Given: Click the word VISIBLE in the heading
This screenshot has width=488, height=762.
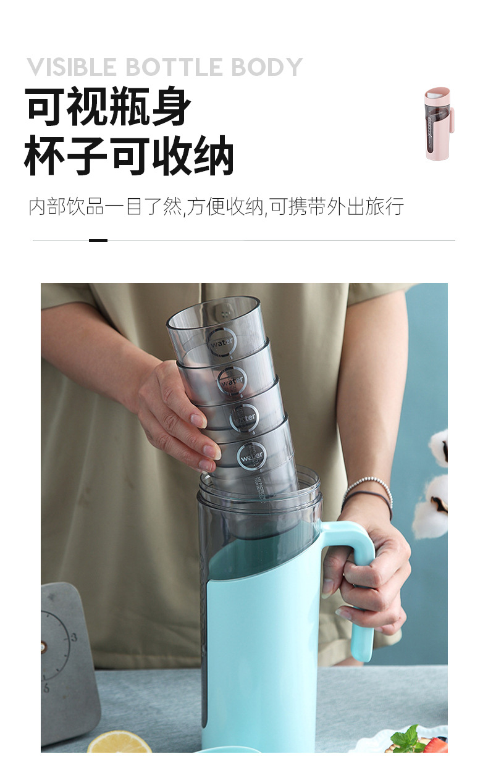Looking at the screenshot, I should tap(65, 67).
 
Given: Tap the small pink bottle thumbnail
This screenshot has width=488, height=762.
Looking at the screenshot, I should tap(438, 124).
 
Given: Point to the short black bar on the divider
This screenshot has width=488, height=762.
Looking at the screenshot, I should tap(98, 240).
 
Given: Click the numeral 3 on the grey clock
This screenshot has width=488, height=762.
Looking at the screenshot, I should tap(74, 637).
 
